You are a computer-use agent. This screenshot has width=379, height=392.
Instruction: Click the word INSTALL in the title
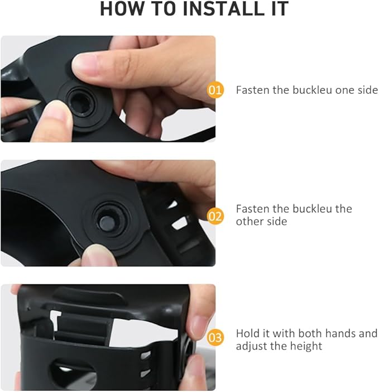tap(223, 9)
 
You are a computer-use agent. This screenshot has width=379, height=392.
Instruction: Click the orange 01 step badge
tap(215, 90)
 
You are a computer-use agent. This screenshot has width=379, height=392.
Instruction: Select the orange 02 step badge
tap(215, 216)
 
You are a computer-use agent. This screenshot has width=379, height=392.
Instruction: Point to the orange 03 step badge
tap(215, 338)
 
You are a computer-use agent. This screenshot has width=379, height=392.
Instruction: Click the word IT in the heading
tap(280, 9)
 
